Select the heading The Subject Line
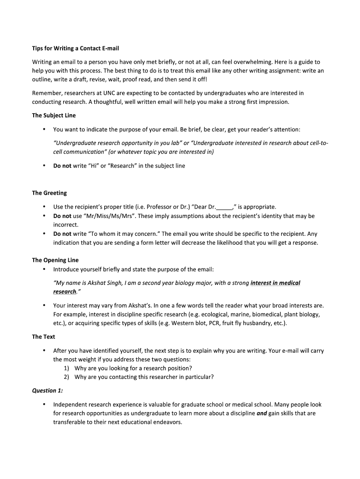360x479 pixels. (x=54, y=115)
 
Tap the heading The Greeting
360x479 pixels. (x=49, y=193)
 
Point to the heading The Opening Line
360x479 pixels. (x=55, y=260)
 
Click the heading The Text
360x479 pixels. (x=43, y=336)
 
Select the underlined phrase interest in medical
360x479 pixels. (x=275, y=283)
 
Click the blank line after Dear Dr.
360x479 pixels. (x=224, y=207)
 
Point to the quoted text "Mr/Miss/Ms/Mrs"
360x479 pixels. (x=107, y=216)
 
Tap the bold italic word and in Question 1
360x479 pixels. (x=262, y=414)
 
